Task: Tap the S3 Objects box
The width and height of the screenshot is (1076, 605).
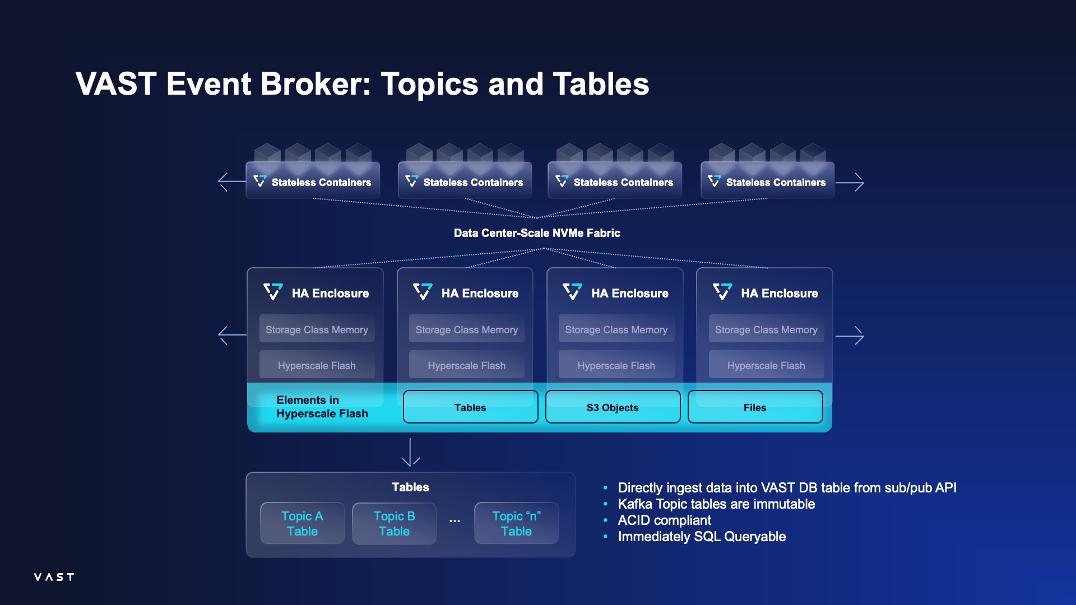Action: coord(613,407)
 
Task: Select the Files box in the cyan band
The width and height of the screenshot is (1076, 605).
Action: coord(755,407)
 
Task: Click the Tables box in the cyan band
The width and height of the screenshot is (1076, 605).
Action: coord(470,407)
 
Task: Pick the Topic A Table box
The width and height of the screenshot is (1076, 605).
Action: coord(302,523)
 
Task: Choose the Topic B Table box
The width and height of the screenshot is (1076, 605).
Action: coord(394,523)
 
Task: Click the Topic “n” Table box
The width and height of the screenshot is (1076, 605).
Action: coord(516,523)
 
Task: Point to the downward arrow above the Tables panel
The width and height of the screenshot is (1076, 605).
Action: coord(410,453)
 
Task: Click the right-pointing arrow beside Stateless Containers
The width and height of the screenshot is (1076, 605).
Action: coord(850,182)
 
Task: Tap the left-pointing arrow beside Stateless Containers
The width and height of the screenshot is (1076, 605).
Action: coord(231,182)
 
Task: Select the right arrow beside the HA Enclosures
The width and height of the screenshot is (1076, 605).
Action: coord(850,336)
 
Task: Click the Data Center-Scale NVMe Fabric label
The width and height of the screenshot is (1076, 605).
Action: coord(537,233)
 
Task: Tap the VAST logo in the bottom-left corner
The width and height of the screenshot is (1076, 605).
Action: coord(54,577)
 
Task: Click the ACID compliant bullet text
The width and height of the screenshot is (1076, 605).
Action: coord(664,520)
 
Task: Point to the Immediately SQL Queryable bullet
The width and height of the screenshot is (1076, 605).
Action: coord(702,537)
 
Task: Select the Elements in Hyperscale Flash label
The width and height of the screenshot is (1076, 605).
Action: coord(322,407)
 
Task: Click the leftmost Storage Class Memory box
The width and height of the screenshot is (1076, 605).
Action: coord(317,329)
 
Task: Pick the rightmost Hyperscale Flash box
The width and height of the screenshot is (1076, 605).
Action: coord(766,365)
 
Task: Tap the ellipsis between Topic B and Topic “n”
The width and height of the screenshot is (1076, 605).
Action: coord(454,521)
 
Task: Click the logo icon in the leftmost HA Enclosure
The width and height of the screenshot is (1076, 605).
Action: coord(273,292)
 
